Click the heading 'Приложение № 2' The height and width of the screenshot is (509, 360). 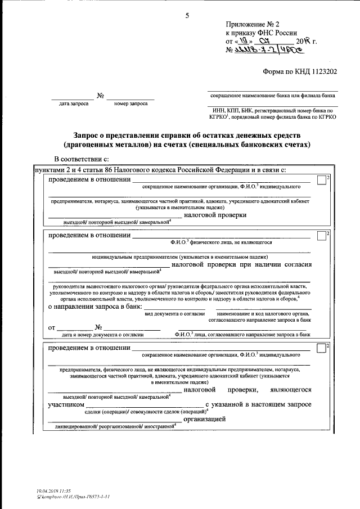(x=252, y=24)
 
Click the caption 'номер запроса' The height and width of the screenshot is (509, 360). (x=130, y=103)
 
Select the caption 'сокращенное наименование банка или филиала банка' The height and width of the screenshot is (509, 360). (x=272, y=96)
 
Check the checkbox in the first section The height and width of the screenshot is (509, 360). (x=321, y=180)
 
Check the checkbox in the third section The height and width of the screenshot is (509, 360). (x=321, y=348)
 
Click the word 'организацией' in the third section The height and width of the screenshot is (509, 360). (x=204, y=419)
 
